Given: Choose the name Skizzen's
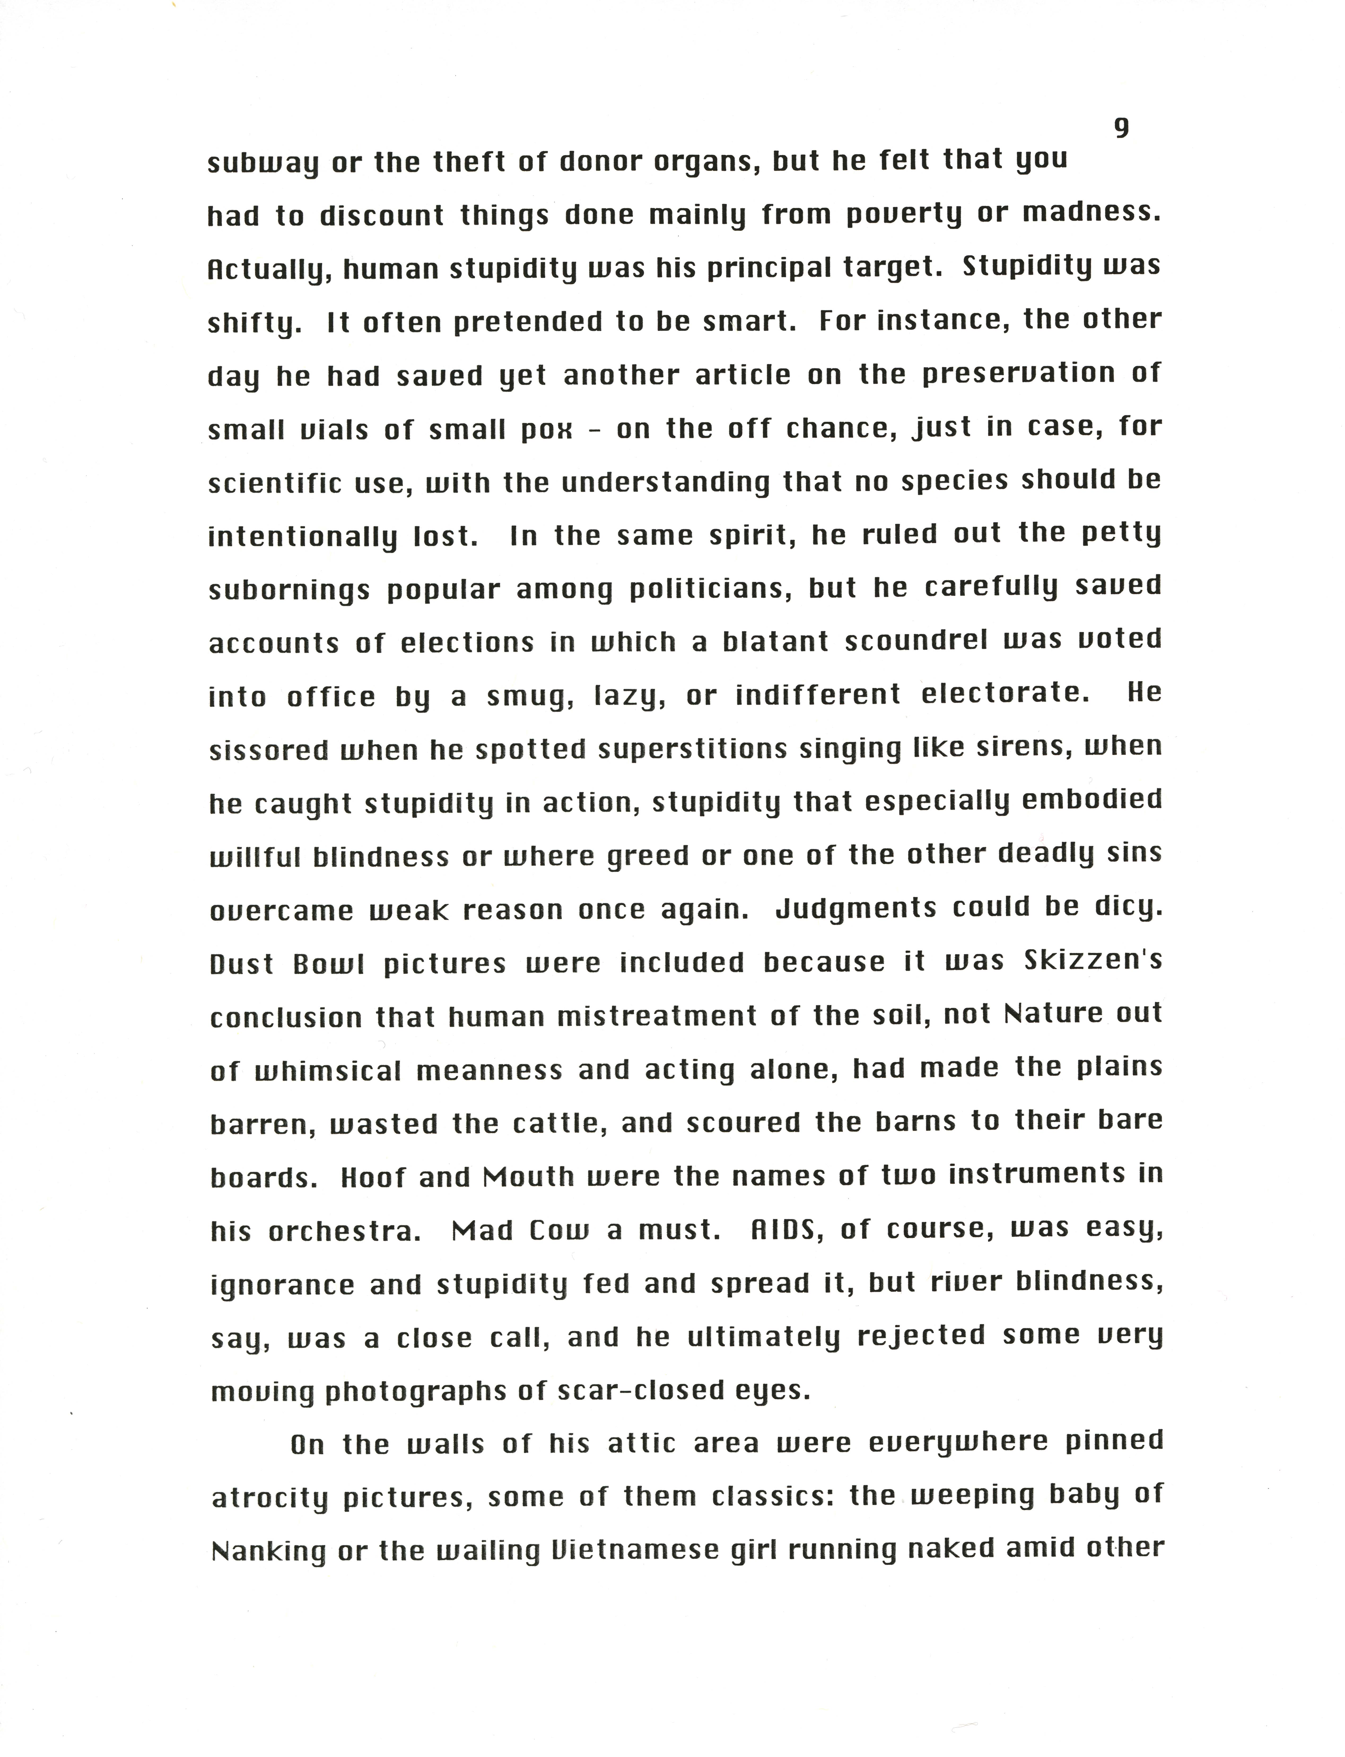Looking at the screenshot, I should pyautogui.click(x=1093, y=961).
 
